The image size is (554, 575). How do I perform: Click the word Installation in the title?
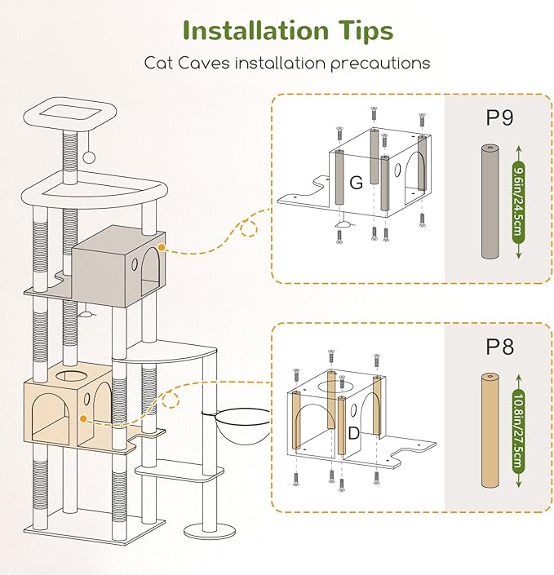[x=255, y=30]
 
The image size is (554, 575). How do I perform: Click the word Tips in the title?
[x=361, y=32]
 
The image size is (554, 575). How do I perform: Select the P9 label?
[x=499, y=117]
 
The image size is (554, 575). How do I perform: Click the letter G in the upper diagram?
[x=356, y=183]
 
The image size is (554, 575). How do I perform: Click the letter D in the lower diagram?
[x=352, y=433]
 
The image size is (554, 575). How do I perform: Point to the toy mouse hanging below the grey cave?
[x=84, y=311]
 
